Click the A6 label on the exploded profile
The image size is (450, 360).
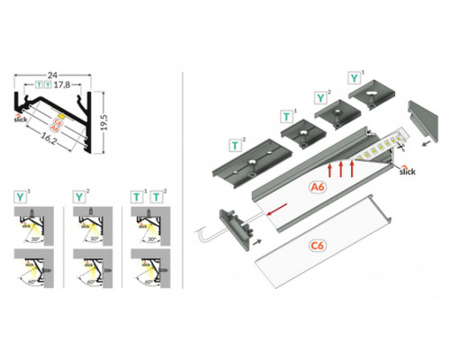[317, 187]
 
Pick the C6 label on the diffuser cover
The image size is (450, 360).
[316, 244]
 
